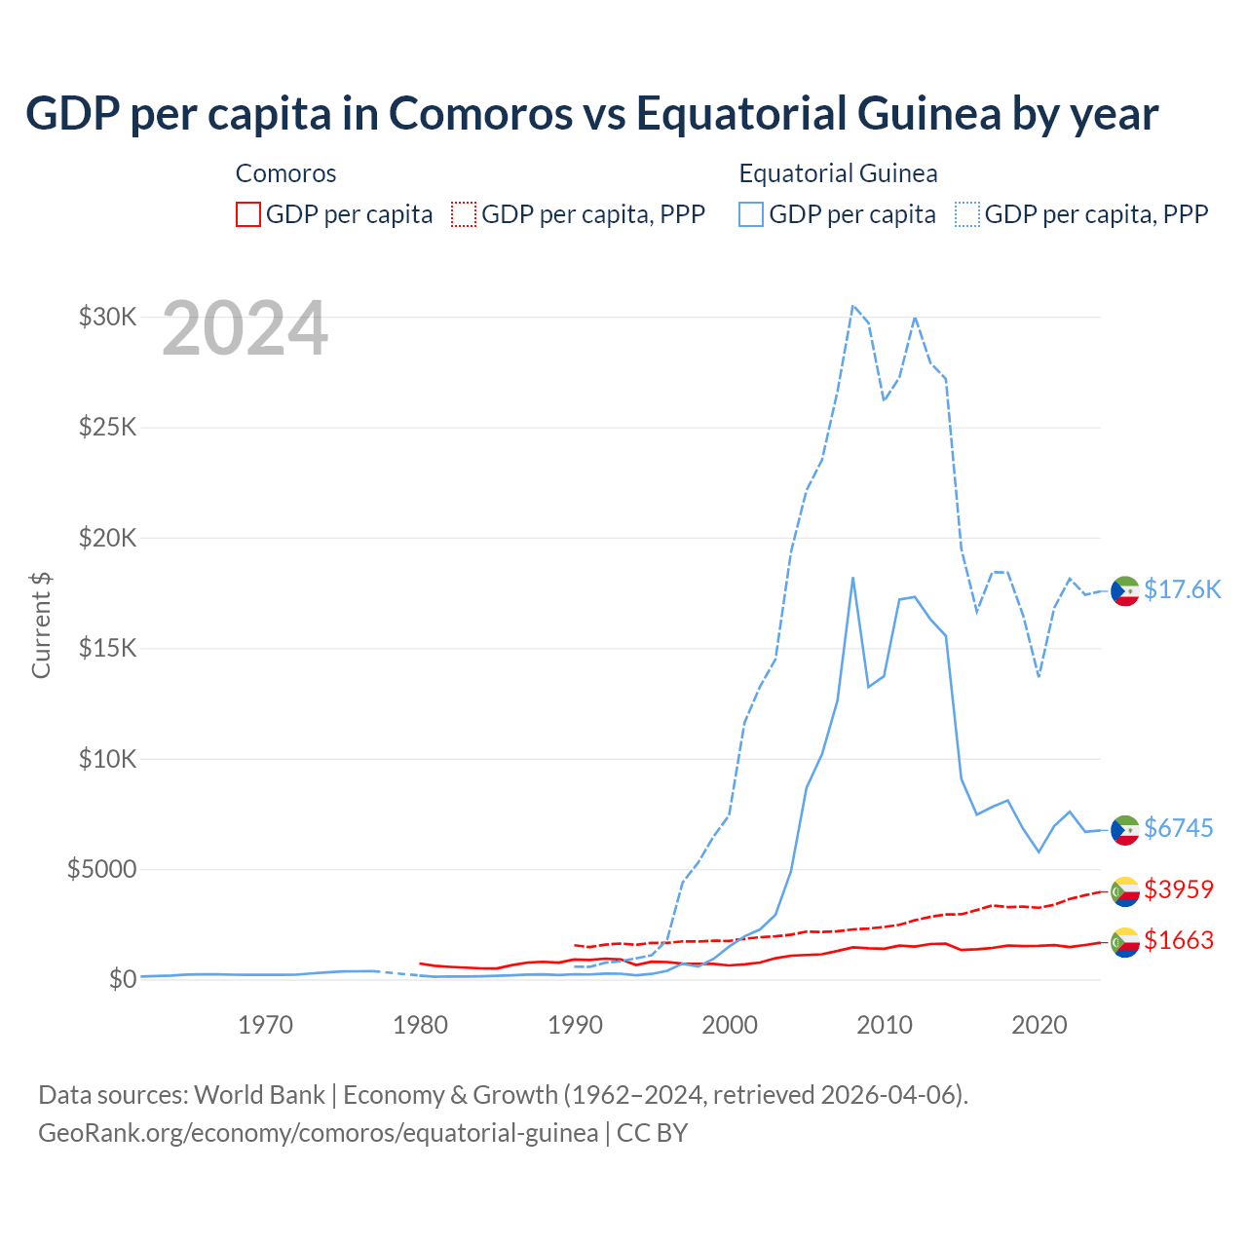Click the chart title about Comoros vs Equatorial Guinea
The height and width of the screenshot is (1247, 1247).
pyautogui.click(x=591, y=113)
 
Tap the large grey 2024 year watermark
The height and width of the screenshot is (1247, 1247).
pyautogui.click(x=245, y=329)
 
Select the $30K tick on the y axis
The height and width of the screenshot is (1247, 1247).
pyautogui.click(x=107, y=317)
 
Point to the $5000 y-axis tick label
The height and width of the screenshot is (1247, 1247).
pyautogui.click(x=101, y=869)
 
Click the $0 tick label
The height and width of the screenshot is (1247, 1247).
pyautogui.click(x=122, y=979)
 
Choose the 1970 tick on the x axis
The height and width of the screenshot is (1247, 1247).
pyautogui.click(x=265, y=1025)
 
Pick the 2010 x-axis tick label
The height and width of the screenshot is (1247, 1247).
pyautogui.click(x=885, y=1025)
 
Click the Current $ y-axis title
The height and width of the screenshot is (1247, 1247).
pyautogui.click(x=41, y=625)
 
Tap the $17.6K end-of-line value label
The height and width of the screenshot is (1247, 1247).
pyautogui.click(x=1182, y=589)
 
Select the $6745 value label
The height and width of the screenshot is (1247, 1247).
pyautogui.click(x=1178, y=828)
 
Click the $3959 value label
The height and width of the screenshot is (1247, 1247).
pyautogui.click(x=1178, y=889)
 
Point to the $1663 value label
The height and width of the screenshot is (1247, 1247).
pyautogui.click(x=1178, y=940)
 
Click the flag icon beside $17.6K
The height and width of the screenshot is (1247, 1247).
pyautogui.click(x=1125, y=591)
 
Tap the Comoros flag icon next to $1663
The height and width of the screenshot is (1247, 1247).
pyautogui.click(x=1125, y=942)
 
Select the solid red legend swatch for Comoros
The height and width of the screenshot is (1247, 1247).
pyautogui.click(x=248, y=214)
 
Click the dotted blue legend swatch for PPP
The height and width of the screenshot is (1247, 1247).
pyautogui.click(x=967, y=214)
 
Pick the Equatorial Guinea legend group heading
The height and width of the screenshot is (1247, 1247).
pyautogui.click(x=838, y=173)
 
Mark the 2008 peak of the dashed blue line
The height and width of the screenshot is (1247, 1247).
pyautogui.click(x=852, y=305)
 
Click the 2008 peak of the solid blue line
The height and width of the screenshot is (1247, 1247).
pyautogui.click(x=852, y=578)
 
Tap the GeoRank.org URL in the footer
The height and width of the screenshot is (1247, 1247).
pyautogui.click(x=318, y=1133)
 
